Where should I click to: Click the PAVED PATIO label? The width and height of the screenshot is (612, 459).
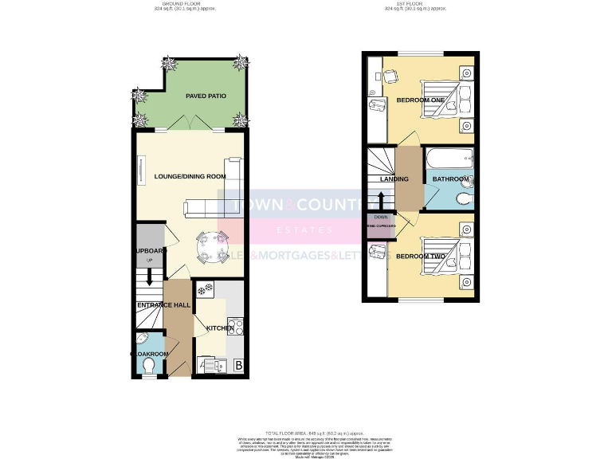pyautogui.click(x=206, y=96)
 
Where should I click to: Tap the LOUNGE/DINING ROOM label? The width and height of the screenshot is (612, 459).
pyautogui.click(x=190, y=176)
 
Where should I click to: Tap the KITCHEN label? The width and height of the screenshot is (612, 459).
pyautogui.click(x=220, y=328)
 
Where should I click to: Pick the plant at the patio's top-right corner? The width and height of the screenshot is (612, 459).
pyautogui.click(x=241, y=63)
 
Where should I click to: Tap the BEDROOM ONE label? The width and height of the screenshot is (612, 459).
pyautogui.click(x=420, y=100)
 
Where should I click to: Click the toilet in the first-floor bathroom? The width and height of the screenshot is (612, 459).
pyautogui.click(x=462, y=200)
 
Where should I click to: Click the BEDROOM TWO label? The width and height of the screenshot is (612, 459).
pyautogui.click(x=419, y=256)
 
